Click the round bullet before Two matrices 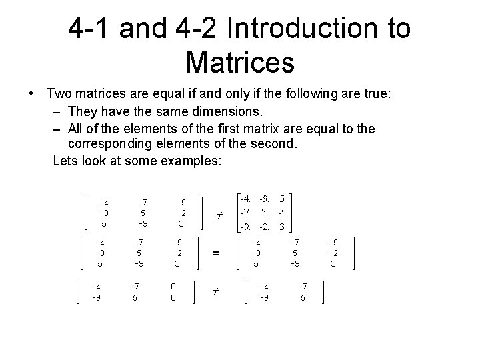pyautogui.click(x=31, y=94)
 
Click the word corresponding pyautogui.click(x=115, y=144)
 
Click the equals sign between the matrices pyautogui.click(x=216, y=253)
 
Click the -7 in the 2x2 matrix pyautogui.click(x=303, y=286)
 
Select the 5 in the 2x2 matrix pyautogui.click(x=303, y=297)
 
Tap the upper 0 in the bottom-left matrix pyautogui.click(x=173, y=286)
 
